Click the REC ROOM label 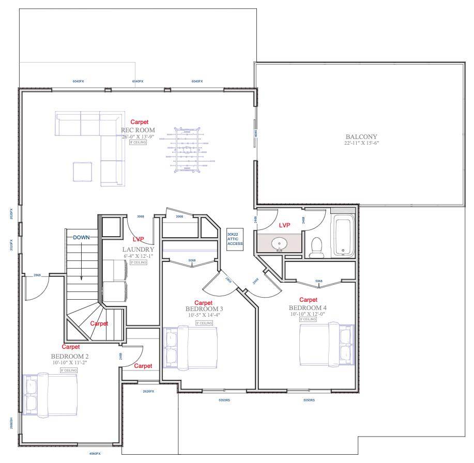[138, 130]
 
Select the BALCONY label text [362, 136]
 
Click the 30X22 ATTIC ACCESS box [235, 240]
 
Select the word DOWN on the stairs [82, 237]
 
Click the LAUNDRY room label [138, 249]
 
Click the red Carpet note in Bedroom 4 [308, 299]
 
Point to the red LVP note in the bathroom [285, 226]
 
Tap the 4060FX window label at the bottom [95, 453]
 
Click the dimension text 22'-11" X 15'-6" [362, 143]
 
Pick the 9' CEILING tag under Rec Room [137, 142]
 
